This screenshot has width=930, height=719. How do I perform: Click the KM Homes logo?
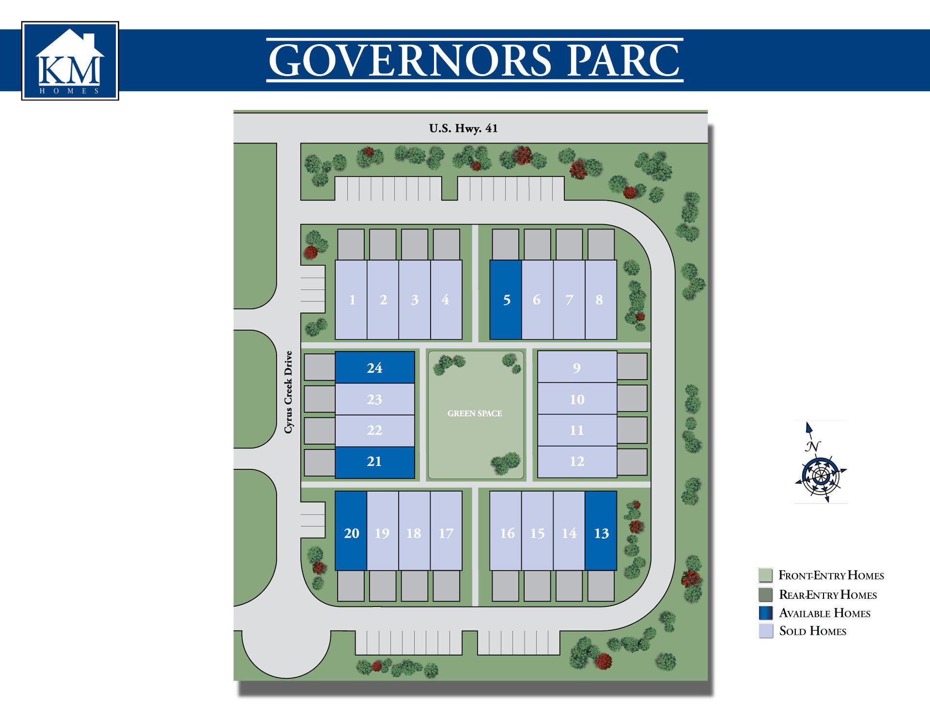point(70,61)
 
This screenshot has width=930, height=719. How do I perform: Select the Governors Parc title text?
point(474,60)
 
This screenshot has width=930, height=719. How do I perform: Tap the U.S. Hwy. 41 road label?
point(463,128)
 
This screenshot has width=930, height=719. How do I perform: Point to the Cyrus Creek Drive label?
point(289,392)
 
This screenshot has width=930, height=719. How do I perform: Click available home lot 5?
point(506,300)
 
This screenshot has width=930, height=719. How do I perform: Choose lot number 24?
point(374,367)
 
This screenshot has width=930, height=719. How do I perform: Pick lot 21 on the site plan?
point(374,461)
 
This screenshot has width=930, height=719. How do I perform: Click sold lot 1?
point(352,300)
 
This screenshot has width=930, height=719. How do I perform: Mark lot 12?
point(576,461)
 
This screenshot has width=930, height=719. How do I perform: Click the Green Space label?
point(475,413)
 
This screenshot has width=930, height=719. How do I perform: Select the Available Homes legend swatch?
point(766,613)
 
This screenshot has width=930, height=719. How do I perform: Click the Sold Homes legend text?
point(812,631)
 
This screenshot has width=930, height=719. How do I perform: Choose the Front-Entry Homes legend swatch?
point(766,575)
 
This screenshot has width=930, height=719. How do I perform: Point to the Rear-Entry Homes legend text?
point(828,594)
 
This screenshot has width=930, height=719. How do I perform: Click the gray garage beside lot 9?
point(632,366)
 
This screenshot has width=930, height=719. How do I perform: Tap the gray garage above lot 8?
point(601,245)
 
